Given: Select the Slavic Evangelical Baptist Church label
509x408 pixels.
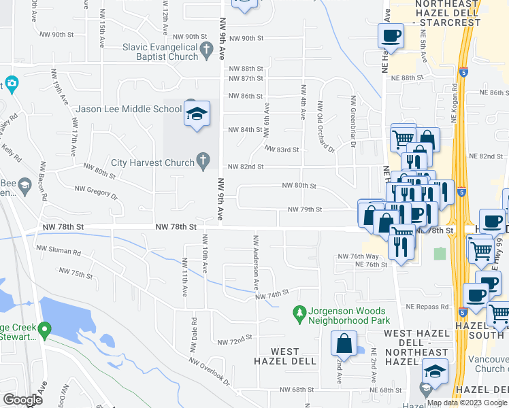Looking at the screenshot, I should (160, 52).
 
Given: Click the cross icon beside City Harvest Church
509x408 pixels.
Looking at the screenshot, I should (202, 161).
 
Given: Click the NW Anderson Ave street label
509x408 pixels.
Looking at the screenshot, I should (257, 260).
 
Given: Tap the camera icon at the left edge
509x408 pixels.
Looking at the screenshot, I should (10, 84).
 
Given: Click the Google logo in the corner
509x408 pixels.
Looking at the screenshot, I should (22, 400).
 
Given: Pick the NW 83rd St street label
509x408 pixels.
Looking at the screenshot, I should (282, 149).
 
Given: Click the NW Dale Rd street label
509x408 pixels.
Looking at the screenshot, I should (194, 330).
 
